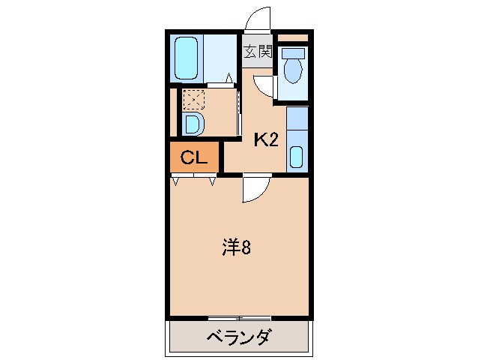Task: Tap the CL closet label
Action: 193,158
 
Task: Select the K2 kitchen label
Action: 266,139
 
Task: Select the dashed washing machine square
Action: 193,99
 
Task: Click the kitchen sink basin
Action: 296,157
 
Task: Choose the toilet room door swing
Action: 264,85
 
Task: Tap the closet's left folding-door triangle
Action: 175,180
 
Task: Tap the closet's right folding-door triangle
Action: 213,180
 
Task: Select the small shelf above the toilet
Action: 293,37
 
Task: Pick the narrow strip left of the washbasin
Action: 173,112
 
